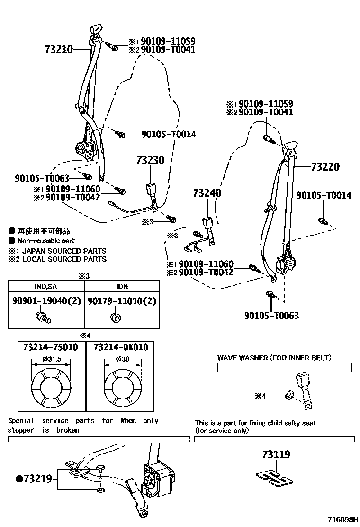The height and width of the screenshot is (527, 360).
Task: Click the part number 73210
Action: click(x=59, y=49)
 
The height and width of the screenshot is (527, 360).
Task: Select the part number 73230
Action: click(x=150, y=160)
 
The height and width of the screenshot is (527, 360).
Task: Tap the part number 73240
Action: click(x=207, y=193)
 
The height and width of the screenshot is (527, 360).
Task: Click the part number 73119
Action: click(x=276, y=454)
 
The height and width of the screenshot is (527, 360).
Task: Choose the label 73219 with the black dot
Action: click(x=34, y=479)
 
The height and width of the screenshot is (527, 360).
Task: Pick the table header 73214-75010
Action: click(x=51, y=347)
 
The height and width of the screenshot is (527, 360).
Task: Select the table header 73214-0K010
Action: click(x=121, y=347)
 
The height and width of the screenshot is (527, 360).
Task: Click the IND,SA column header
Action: click(x=45, y=287)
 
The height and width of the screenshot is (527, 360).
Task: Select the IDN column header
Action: click(x=122, y=287)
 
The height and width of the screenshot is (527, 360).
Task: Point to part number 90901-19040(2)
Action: click(x=45, y=301)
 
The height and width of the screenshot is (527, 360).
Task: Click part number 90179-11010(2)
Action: click(x=122, y=301)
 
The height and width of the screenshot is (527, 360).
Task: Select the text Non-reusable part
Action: click(x=46, y=241)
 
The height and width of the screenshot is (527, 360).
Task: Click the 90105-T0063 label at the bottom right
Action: click(x=271, y=316)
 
